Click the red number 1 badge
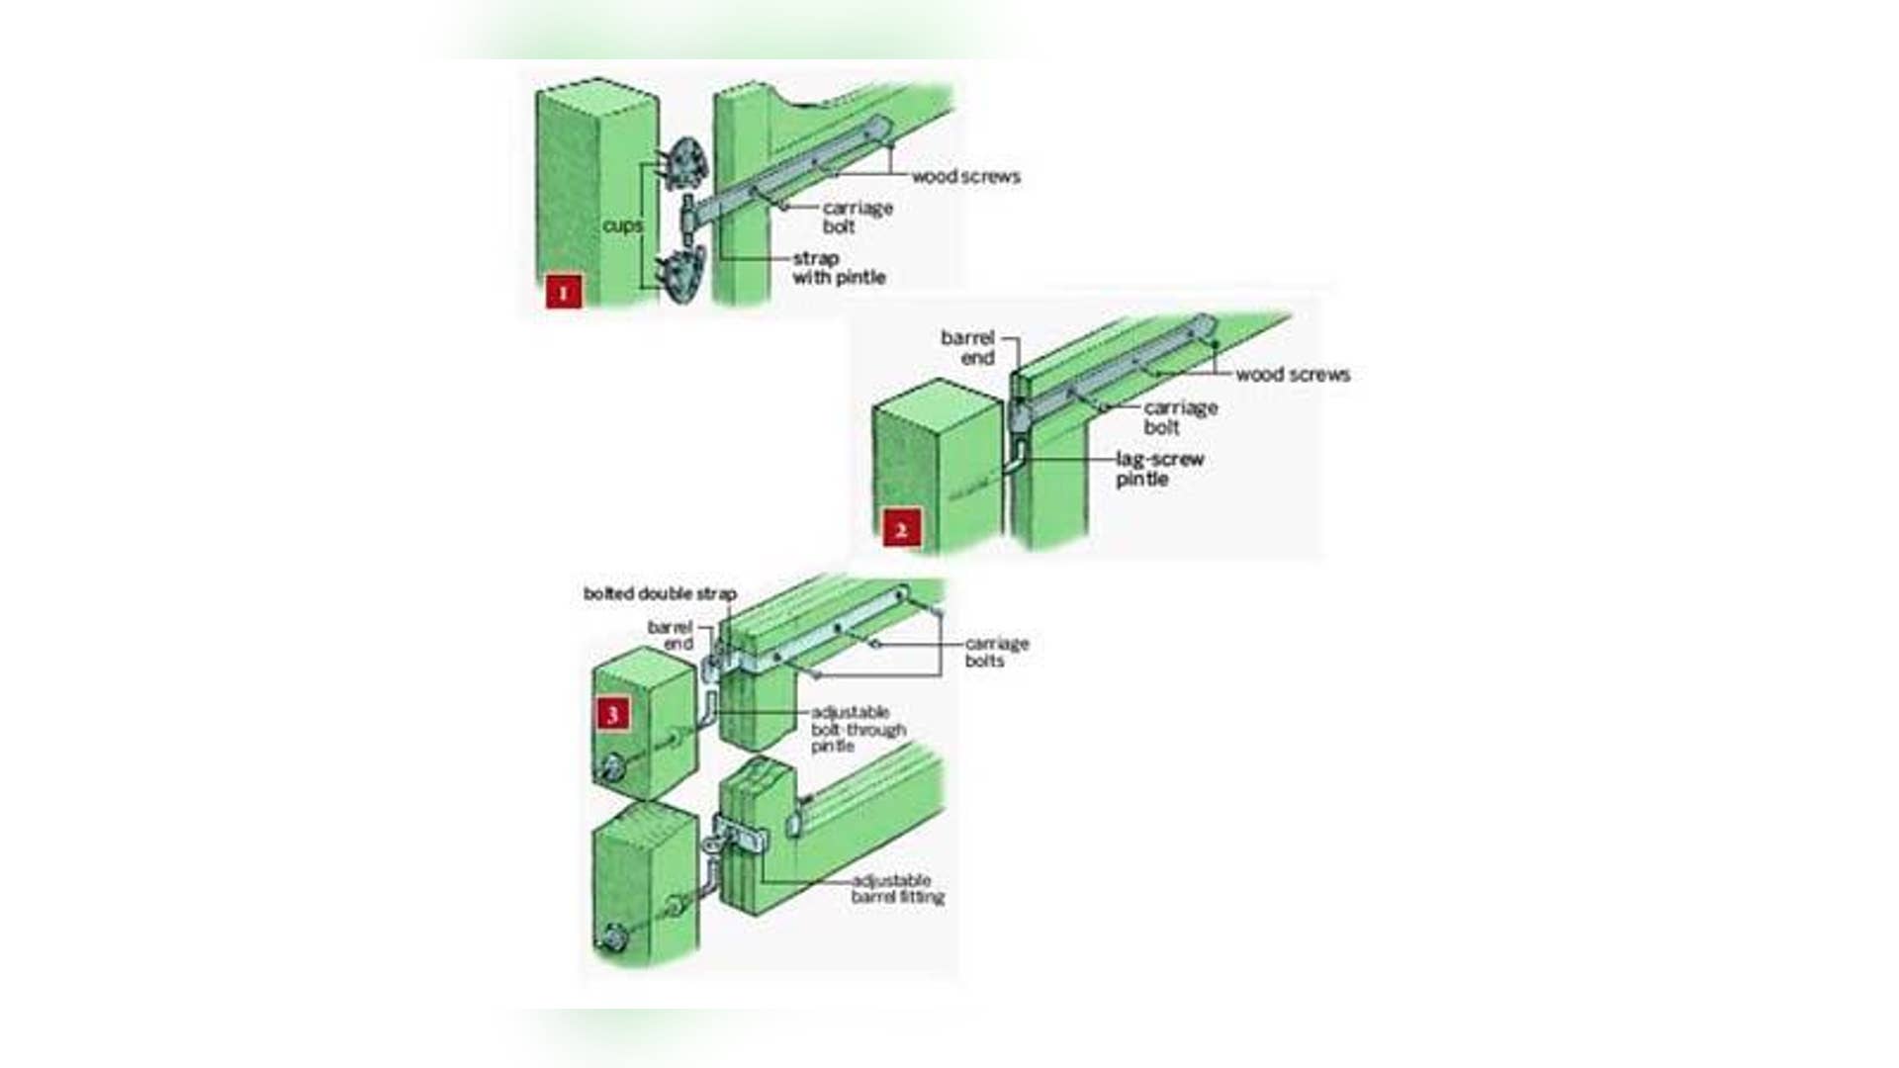564,292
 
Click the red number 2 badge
901,530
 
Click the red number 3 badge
612,714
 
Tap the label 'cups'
622,225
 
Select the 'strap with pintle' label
839,268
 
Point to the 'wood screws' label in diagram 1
965,177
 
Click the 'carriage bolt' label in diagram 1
858,217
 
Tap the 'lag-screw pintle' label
1159,469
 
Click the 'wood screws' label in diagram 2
1293,375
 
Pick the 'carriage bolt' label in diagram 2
1181,417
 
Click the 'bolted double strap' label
660,594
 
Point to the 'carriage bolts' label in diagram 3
997,652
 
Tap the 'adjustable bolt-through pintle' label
859,729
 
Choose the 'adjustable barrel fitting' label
898,889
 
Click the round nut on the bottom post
611,934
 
